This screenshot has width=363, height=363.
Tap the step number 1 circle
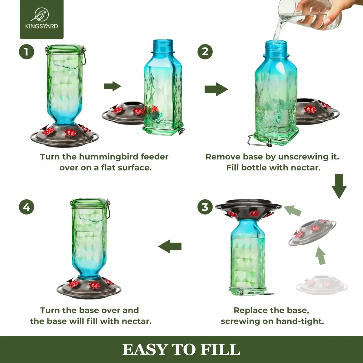click(27, 52)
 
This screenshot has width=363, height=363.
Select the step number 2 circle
click(205, 52)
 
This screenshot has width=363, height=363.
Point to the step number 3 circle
click(205, 207)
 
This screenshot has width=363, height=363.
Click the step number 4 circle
click(27, 207)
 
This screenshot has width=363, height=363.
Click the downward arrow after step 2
click(339, 186)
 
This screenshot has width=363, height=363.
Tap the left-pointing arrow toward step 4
click(170, 247)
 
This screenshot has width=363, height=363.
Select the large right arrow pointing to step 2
click(217, 89)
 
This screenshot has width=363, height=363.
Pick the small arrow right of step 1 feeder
click(113, 86)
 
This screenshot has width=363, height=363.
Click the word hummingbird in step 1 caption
click(106, 157)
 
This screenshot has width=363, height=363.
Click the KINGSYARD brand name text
click(42, 26)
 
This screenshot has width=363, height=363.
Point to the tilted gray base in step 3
click(312, 233)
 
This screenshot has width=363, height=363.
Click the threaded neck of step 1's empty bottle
click(163, 45)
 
